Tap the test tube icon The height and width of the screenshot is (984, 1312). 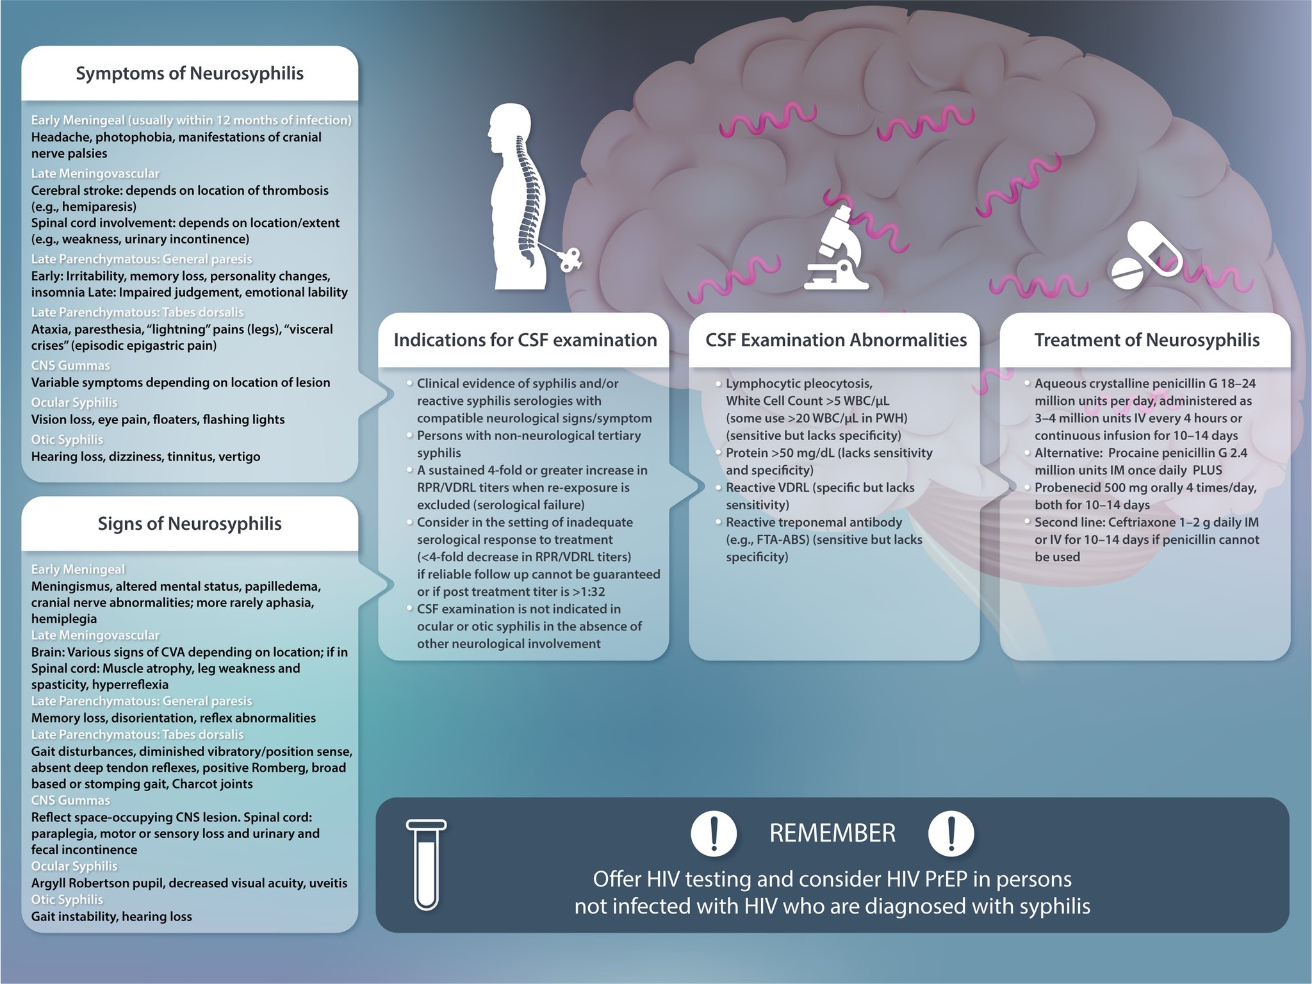pos(426,865)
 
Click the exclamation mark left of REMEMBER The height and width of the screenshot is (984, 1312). pos(714,833)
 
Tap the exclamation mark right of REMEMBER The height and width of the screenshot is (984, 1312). pos(951,833)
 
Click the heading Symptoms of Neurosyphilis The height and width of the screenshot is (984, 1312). pos(190,74)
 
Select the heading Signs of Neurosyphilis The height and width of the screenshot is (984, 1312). pos(190,524)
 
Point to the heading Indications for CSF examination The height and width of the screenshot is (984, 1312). pos(525,340)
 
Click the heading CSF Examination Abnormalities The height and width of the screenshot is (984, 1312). pos(836,340)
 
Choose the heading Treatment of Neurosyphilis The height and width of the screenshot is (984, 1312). pos(1147,340)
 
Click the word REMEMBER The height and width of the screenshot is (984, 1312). pos(832,833)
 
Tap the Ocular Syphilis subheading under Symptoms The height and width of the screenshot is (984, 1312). pos(74,402)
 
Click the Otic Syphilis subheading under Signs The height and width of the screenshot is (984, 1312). pos(67,899)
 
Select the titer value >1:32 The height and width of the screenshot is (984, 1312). pos(588,592)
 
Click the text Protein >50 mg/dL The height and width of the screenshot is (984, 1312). pos(780,453)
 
